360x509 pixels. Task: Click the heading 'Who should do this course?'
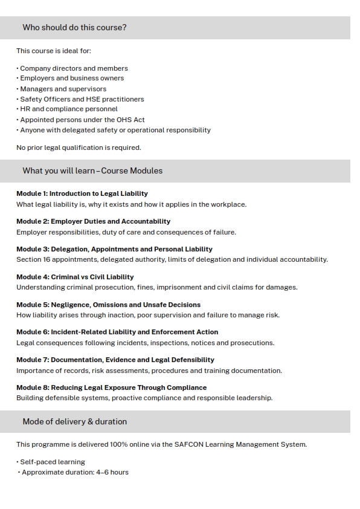click(74, 27)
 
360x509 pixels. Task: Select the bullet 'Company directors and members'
click(74, 68)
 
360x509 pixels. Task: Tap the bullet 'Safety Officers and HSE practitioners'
click(82, 99)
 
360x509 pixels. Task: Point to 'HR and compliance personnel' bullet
click(68, 109)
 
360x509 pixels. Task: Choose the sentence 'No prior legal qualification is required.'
click(79, 148)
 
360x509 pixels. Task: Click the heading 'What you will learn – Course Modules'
click(92, 170)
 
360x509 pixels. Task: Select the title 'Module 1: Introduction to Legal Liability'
click(82, 193)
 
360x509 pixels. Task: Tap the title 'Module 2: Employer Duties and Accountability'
click(93, 221)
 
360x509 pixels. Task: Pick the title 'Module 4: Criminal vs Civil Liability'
click(75, 277)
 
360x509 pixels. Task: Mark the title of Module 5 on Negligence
click(108, 305)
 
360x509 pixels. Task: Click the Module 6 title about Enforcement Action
click(117, 332)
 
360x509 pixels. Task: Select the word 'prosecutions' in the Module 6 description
click(254, 343)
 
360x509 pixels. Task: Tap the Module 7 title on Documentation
click(115, 360)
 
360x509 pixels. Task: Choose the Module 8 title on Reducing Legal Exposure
click(111, 387)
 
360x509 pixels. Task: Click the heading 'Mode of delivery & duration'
click(75, 421)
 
